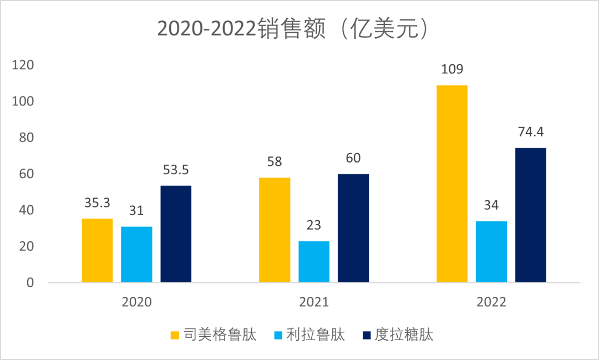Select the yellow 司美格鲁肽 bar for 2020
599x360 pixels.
coord(97,250)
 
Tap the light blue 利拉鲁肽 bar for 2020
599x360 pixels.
coord(136,254)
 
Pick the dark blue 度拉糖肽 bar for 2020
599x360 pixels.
coord(176,234)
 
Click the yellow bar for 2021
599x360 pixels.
coord(275,230)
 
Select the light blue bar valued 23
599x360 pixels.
coord(314,261)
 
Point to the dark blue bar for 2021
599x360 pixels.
coord(353,228)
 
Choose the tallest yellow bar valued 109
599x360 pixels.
coord(451,184)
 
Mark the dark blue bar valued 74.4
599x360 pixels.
coord(531,215)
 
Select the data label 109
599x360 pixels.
coord(451,70)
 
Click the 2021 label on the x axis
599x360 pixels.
coord(314,302)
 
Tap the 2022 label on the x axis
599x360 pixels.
coord(491,302)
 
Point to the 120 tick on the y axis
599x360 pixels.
coord(23,65)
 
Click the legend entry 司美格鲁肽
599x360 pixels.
coord(213,335)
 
